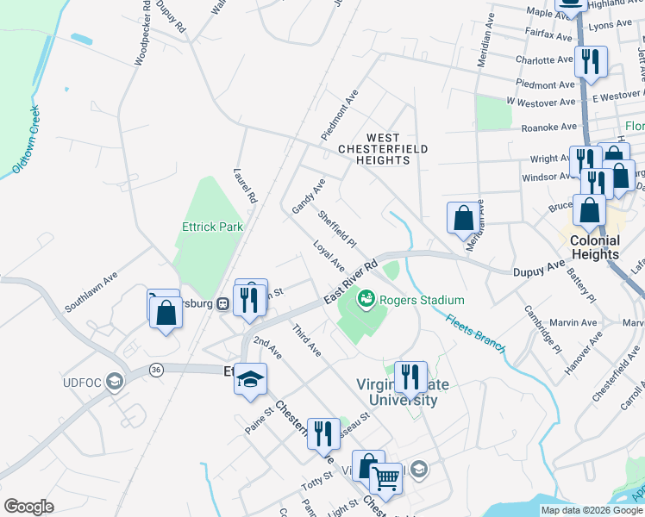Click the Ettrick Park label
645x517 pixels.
pos(212,227)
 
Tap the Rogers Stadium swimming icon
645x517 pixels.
pos(366,300)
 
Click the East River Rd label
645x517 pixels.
pos(352,281)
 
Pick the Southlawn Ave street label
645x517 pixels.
pos(91,292)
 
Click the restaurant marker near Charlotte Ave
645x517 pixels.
pos(591,61)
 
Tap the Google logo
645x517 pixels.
pos(28,507)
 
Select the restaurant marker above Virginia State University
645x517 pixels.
pos(410,377)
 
